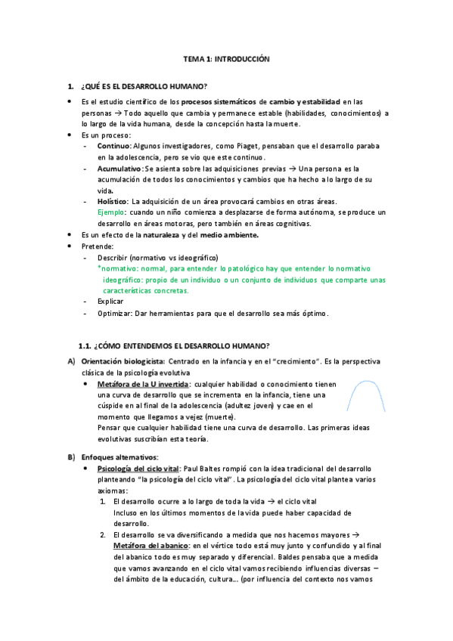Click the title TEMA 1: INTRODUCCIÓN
[226, 58]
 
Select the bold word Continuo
[114, 145]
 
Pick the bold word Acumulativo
[119, 169]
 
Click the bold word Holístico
[113, 202]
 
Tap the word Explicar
[110, 302]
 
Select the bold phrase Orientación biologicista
[123, 361]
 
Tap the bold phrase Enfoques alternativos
[119, 457]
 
